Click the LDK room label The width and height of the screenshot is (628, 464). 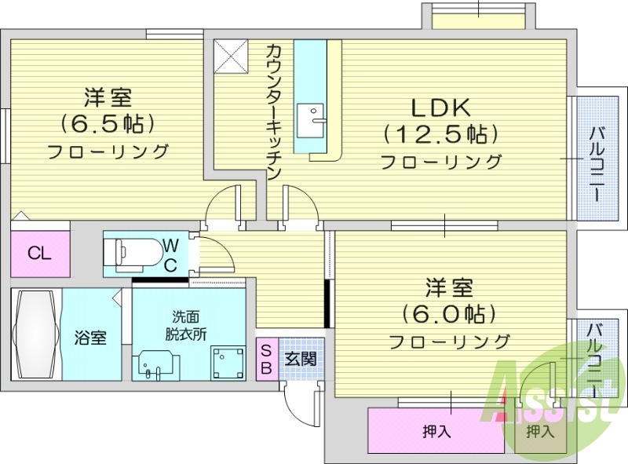(439, 107)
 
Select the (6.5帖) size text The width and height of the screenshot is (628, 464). (108, 123)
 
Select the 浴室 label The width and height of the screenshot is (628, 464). (91, 338)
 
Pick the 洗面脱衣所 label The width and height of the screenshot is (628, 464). (186, 325)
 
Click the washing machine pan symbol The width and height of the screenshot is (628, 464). (227, 362)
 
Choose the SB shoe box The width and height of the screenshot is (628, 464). (266, 359)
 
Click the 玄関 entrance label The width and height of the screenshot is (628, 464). (298, 359)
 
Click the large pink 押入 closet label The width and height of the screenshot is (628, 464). (436, 431)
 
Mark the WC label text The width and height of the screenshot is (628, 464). (170, 254)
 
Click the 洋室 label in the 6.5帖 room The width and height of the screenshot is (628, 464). (108, 97)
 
